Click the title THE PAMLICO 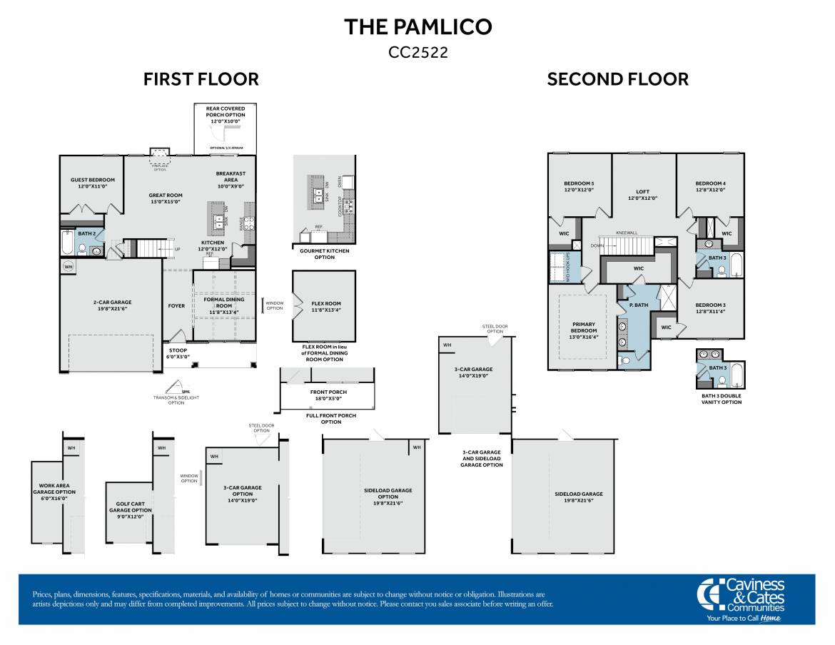click(417, 27)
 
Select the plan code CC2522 click(417, 52)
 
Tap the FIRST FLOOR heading click(201, 79)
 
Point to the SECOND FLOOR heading click(617, 79)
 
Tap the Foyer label click(176, 306)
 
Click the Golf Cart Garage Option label click(130, 510)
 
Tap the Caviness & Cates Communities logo click(743, 599)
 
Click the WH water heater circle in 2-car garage click(69, 267)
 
